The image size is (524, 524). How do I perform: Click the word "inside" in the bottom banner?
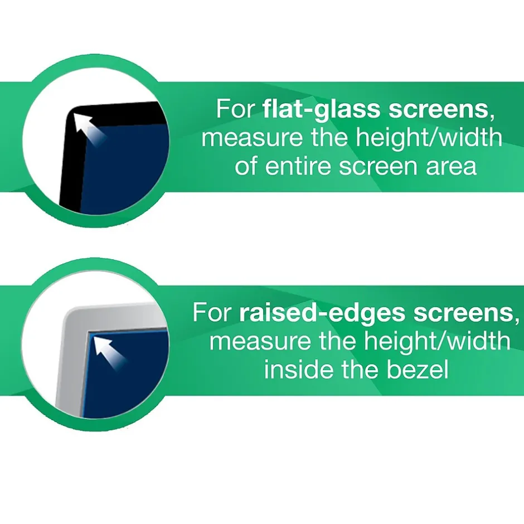(x=296, y=370)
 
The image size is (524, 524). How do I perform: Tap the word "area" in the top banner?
(x=450, y=166)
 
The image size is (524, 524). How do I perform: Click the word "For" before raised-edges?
(x=212, y=313)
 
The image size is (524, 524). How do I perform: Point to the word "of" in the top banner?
(x=246, y=166)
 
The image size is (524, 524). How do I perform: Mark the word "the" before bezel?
(x=356, y=370)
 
